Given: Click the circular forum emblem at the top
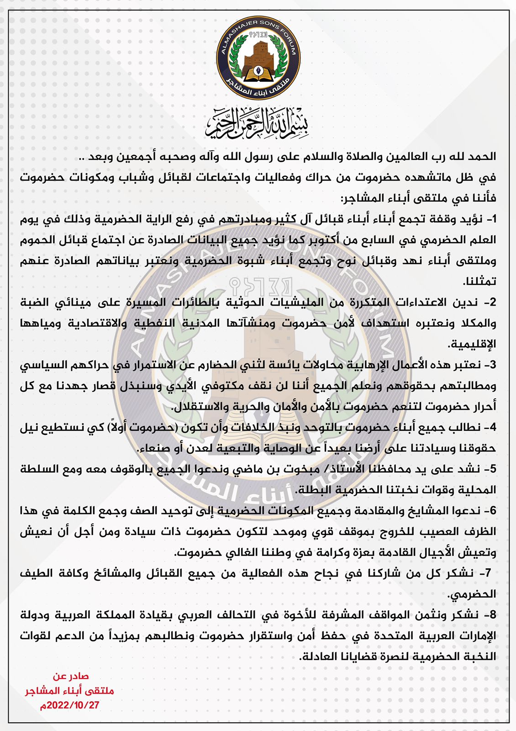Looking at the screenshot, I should point(258,54).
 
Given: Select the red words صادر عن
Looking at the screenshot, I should point(71,676).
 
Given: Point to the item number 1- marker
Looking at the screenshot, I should point(490,219).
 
